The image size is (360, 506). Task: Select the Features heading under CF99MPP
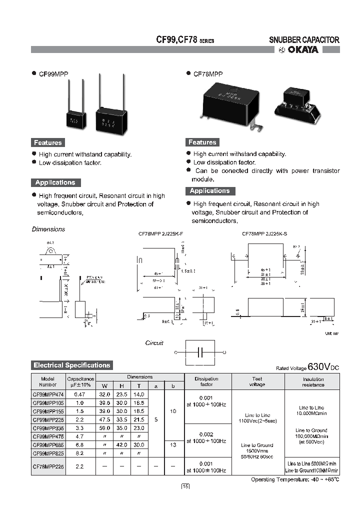point(47,142)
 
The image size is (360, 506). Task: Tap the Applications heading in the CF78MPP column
point(209,191)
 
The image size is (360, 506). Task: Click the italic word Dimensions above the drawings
point(48,229)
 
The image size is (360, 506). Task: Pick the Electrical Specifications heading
point(71,365)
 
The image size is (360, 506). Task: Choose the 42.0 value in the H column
point(121,444)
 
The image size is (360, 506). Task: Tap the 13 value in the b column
point(172,444)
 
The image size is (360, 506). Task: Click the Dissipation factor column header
point(206,381)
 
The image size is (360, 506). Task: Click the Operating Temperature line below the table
point(295,479)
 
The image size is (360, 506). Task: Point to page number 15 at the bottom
point(185,486)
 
